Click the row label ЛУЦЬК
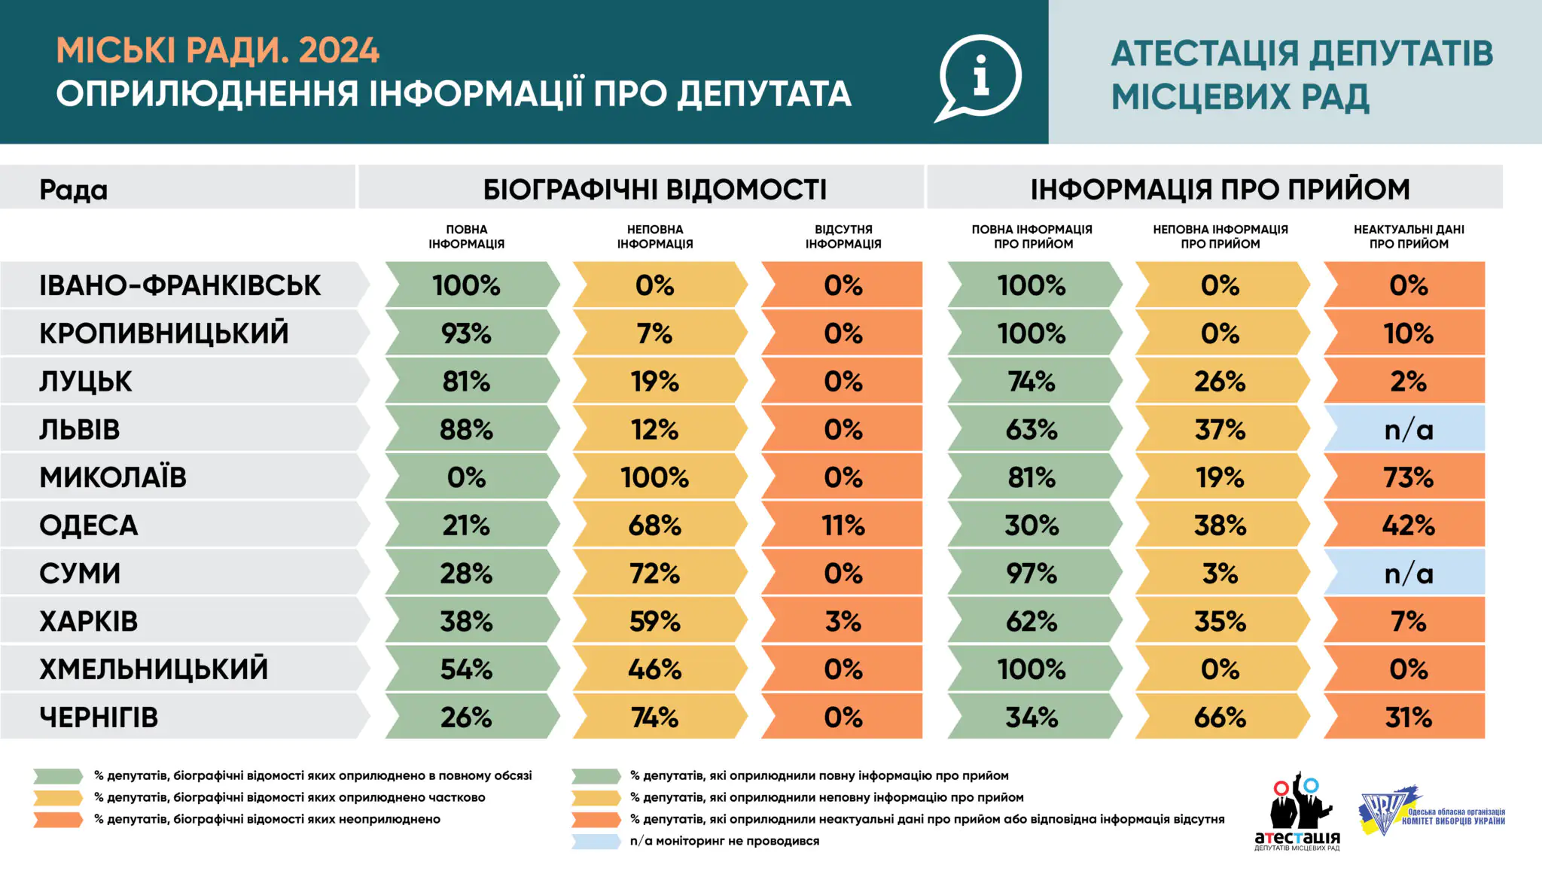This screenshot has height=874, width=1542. [85, 382]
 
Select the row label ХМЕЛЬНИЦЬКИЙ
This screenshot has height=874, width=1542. [154, 669]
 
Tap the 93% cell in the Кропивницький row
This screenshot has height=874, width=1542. [467, 333]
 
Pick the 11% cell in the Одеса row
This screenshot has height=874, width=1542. [843, 525]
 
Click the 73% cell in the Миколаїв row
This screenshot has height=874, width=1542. [1407, 477]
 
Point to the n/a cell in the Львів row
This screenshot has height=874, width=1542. [1407, 430]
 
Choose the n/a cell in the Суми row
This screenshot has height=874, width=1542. [1407, 574]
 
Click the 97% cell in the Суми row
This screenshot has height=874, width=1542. [1031, 574]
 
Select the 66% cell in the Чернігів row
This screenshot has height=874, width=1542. [1220, 717]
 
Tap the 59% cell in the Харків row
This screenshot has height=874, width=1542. [654, 622]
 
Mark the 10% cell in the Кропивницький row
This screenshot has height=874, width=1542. [1407, 333]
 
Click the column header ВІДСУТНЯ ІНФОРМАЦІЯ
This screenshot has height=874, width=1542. [843, 236]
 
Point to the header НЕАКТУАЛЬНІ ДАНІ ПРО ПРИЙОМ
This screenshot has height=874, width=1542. [1408, 236]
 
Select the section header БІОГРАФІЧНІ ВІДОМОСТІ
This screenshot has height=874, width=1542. [654, 189]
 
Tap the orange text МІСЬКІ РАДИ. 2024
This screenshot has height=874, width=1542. [218, 50]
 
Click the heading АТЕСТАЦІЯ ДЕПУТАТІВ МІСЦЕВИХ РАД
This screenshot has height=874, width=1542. [1301, 75]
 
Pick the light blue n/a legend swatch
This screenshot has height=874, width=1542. [596, 842]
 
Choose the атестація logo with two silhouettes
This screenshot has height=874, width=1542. [1297, 812]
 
